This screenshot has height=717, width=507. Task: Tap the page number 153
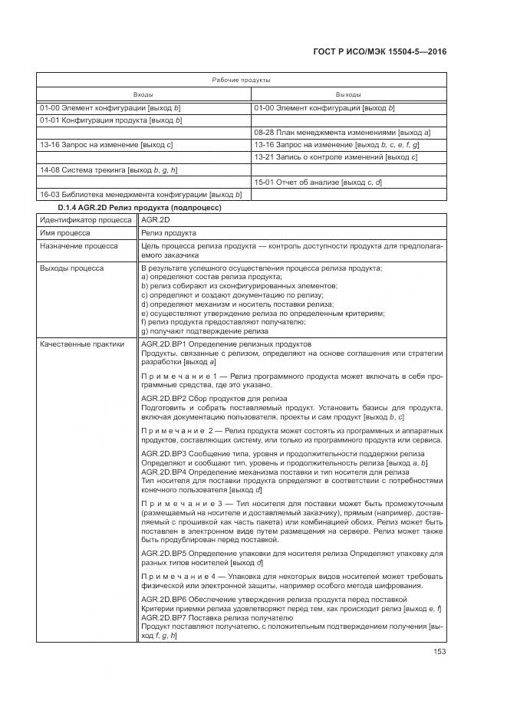[438, 652]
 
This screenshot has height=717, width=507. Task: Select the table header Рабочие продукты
[241, 80]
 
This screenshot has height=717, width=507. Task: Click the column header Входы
[143, 94]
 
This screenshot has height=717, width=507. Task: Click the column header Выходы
[347, 94]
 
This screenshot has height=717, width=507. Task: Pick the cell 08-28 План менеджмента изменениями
[342, 133]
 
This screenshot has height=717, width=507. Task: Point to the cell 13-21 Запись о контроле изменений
[335, 157]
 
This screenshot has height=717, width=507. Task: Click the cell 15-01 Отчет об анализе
[318, 182]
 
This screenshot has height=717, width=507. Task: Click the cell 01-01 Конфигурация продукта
[110, 120]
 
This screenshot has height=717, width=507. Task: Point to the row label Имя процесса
[65, 232]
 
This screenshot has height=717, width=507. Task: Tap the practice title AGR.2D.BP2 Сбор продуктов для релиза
[214, 399]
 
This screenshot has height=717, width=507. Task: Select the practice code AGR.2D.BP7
[164, 617]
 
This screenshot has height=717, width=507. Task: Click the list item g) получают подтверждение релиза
[205, 332]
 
